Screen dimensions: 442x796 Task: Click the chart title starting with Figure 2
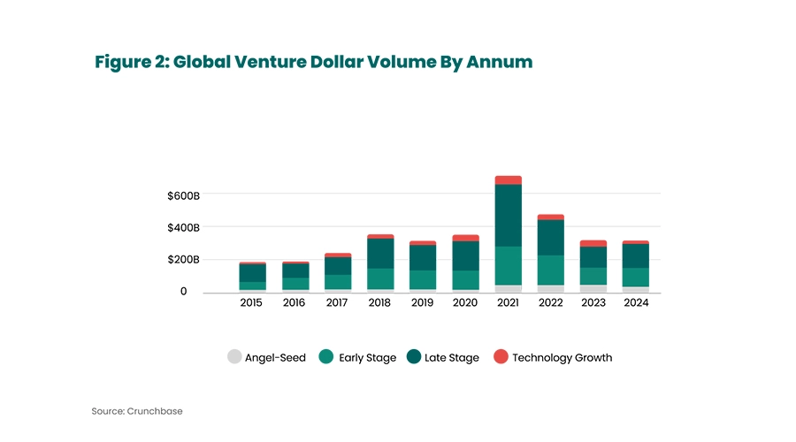point(314,63)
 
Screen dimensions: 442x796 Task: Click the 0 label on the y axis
point(183,291)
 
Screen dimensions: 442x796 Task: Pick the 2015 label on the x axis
point(251,302)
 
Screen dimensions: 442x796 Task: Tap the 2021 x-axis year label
point(508,302)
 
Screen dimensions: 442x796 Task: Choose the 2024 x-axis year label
point(636,302)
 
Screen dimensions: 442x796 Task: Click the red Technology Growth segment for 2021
point(508,180)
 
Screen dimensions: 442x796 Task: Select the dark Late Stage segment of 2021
point(508,215)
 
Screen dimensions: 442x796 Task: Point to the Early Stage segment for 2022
point(550,270)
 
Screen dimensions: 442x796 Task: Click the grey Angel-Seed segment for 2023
point(593,288)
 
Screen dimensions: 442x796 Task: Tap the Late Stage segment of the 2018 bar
point(379,253)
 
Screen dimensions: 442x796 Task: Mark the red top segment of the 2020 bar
point(465,238)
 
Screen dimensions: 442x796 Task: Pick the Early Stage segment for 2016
point(295,283)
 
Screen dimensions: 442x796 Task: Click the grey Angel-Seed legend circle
point(234,357)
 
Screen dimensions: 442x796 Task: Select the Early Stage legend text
point(367,358)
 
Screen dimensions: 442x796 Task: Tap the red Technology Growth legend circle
point(501,357)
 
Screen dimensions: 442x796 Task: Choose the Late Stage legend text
point(451,358)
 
